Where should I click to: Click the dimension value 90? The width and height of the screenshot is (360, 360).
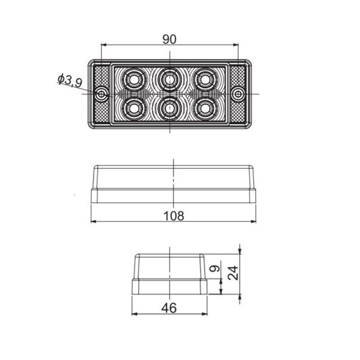tap(169, 39)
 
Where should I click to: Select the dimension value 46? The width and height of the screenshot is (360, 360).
tap(169, 308)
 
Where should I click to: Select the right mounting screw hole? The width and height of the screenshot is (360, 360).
tap(238, 94)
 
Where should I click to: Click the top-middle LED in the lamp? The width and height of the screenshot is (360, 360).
tap(170, 79)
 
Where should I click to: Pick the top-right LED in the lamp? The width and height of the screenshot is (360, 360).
tap(207, 79)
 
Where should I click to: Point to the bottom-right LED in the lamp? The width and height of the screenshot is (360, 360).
tap(207, 108)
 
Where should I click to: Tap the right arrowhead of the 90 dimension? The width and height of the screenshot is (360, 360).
tap(235, 45)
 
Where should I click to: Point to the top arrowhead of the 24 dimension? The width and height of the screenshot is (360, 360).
tap(240, 251)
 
